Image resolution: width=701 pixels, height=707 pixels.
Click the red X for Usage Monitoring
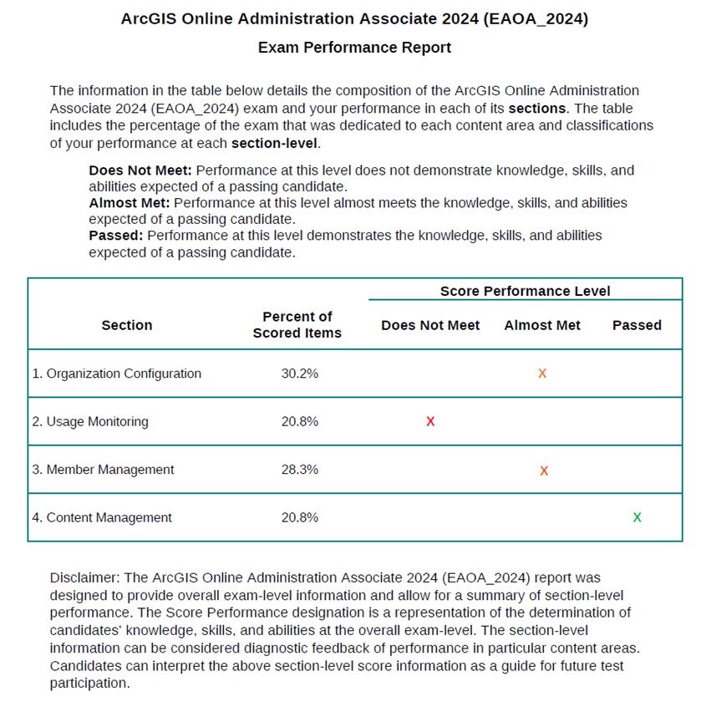(430, 422)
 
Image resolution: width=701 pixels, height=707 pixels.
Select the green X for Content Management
(638, 518)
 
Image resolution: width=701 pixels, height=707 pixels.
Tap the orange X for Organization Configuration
(542, 374)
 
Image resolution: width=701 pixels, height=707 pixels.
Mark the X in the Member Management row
(544, 470)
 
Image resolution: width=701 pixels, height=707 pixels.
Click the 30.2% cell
(299, 374)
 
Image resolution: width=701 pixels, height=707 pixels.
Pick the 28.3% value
(299, 470)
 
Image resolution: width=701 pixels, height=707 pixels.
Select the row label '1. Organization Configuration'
(117, 374)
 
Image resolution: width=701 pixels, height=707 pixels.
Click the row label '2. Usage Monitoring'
(90, 422)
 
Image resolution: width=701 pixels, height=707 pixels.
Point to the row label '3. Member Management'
(103, 470)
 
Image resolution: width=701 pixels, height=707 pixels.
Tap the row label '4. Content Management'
(102, 518)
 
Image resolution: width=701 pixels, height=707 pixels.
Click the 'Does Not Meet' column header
(430, 325)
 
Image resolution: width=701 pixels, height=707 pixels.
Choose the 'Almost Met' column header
(542, 325)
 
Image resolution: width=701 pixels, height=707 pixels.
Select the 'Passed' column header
(637, 325)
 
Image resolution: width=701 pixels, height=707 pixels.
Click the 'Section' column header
(127, 325)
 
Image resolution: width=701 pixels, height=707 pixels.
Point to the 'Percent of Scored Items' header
(297, 324)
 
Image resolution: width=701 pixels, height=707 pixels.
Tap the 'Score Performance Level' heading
(525, 291)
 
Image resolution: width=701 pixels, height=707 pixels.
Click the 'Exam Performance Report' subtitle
(354, 48)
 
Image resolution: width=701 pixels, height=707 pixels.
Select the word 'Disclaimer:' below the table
(84, 577)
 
